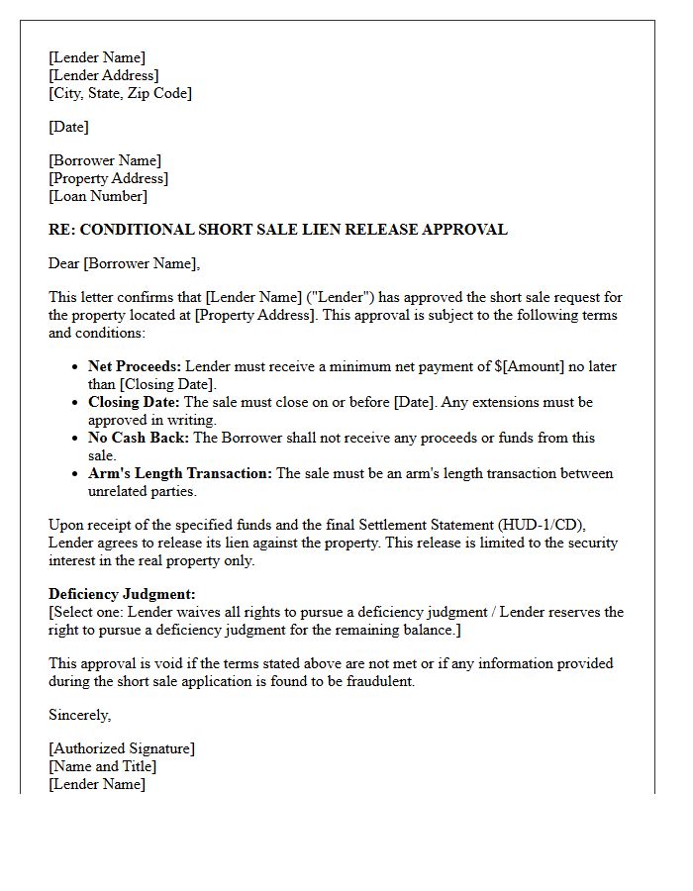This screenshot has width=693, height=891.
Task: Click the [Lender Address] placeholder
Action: (104, 75)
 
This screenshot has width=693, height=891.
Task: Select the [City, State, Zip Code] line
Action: (120, 93)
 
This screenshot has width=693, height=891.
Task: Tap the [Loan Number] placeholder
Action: (98, 196)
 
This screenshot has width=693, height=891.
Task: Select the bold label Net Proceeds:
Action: (135, 366)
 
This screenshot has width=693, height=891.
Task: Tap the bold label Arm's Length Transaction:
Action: (180, 473)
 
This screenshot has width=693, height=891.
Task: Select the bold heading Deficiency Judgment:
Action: (122, 594)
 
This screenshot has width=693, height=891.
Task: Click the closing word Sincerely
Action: (79, 715)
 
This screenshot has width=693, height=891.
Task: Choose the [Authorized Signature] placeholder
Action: (122, 748)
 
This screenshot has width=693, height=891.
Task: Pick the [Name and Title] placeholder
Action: (103, 766)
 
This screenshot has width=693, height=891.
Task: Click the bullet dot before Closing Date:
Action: (76, 403)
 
